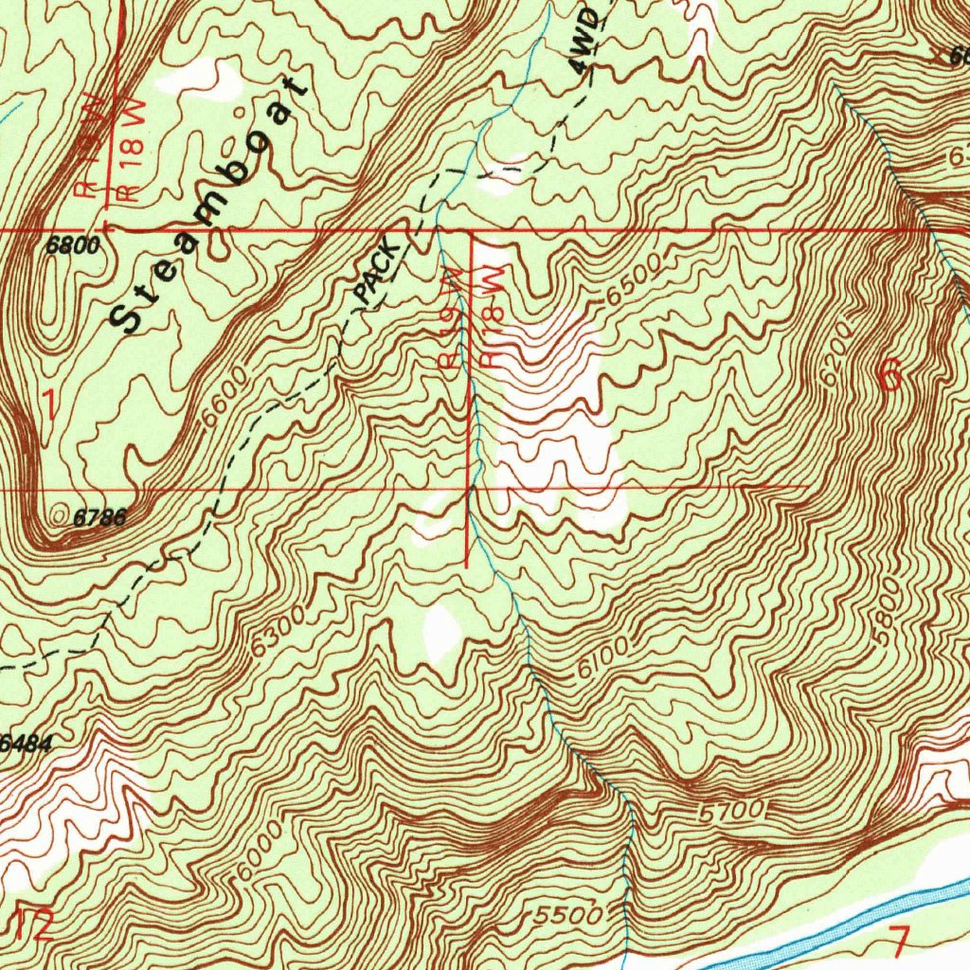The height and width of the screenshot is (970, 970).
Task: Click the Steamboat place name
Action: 210,207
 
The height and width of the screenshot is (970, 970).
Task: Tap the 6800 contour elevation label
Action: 72,246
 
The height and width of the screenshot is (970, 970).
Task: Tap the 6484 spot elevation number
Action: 25,744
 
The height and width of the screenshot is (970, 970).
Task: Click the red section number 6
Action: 890,377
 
